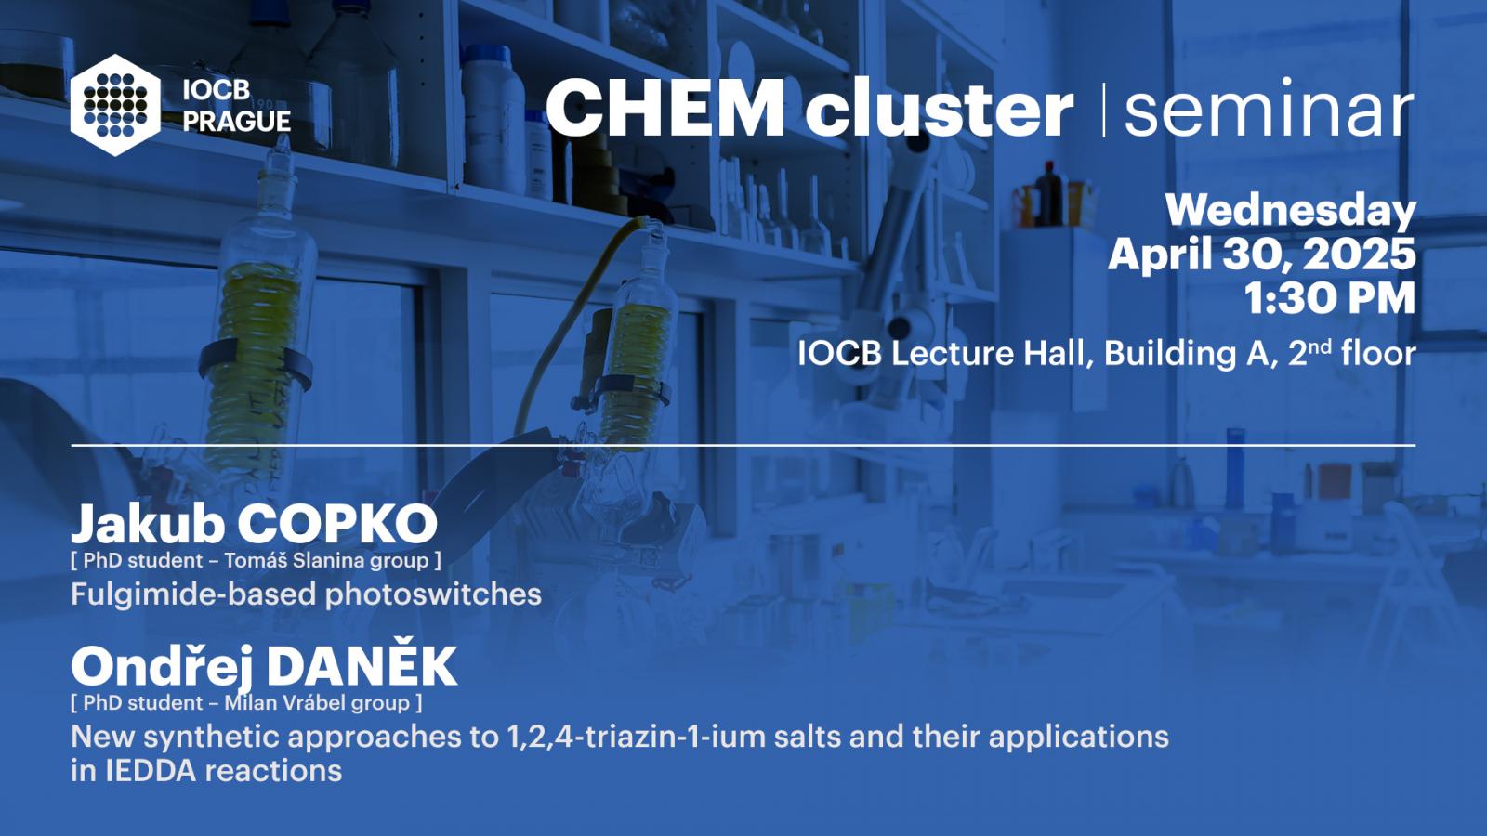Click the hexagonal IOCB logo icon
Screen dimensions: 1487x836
pos(115,105)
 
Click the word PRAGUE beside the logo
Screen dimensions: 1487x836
pos(237,122)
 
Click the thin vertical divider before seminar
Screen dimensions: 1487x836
pos(1104,110)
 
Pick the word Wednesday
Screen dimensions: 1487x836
pos(1291,211)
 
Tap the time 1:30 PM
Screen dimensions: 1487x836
pos(1330,298)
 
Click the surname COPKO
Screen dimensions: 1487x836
pos(337,524)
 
